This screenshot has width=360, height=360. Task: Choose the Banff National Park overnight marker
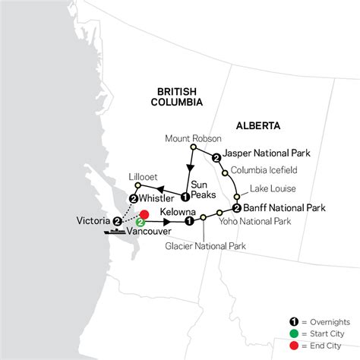[x=237, y=207]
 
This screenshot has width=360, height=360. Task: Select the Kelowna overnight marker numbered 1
[x=188, y=222]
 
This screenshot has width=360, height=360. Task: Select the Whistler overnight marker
[x=134, y=199]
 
